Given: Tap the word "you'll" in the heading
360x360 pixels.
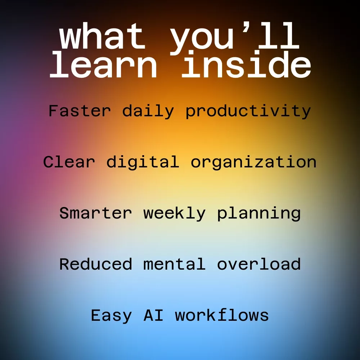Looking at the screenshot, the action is click(235, 38).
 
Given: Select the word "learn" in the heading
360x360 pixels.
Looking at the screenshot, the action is click(103, 64).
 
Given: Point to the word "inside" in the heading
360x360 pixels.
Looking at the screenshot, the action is click(246, 64).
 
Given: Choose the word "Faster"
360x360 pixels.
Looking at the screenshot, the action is click(80, 111).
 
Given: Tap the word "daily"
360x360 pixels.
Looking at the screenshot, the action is click(148, 111).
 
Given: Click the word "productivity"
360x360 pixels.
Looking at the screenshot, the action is click(248, 111).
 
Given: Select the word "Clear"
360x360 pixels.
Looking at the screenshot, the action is click(69, 162).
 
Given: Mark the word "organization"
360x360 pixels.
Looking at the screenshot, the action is click(254, 162).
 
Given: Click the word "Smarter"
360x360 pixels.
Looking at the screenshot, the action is click(95, 213).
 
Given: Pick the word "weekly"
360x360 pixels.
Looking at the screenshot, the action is click(174, 213).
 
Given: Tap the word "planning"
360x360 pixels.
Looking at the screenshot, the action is click(259, 213).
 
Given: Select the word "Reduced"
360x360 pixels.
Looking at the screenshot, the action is click(95, 264).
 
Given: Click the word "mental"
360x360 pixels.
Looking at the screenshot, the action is click(174, 264).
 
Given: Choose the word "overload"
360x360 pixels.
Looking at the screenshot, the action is click(259, 264).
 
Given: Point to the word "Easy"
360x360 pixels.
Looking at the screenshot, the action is click(111, 316).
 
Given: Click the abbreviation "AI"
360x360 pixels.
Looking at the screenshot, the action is click(153, 315).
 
